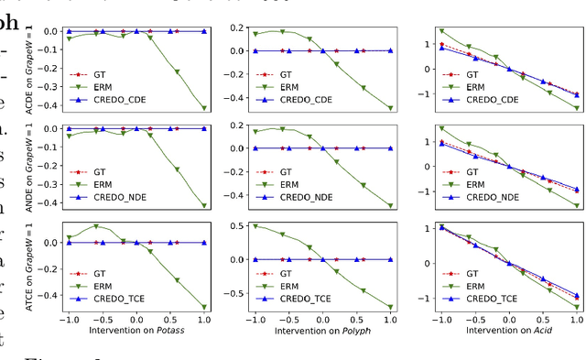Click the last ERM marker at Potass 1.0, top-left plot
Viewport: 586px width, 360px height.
[x=203, y=108]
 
